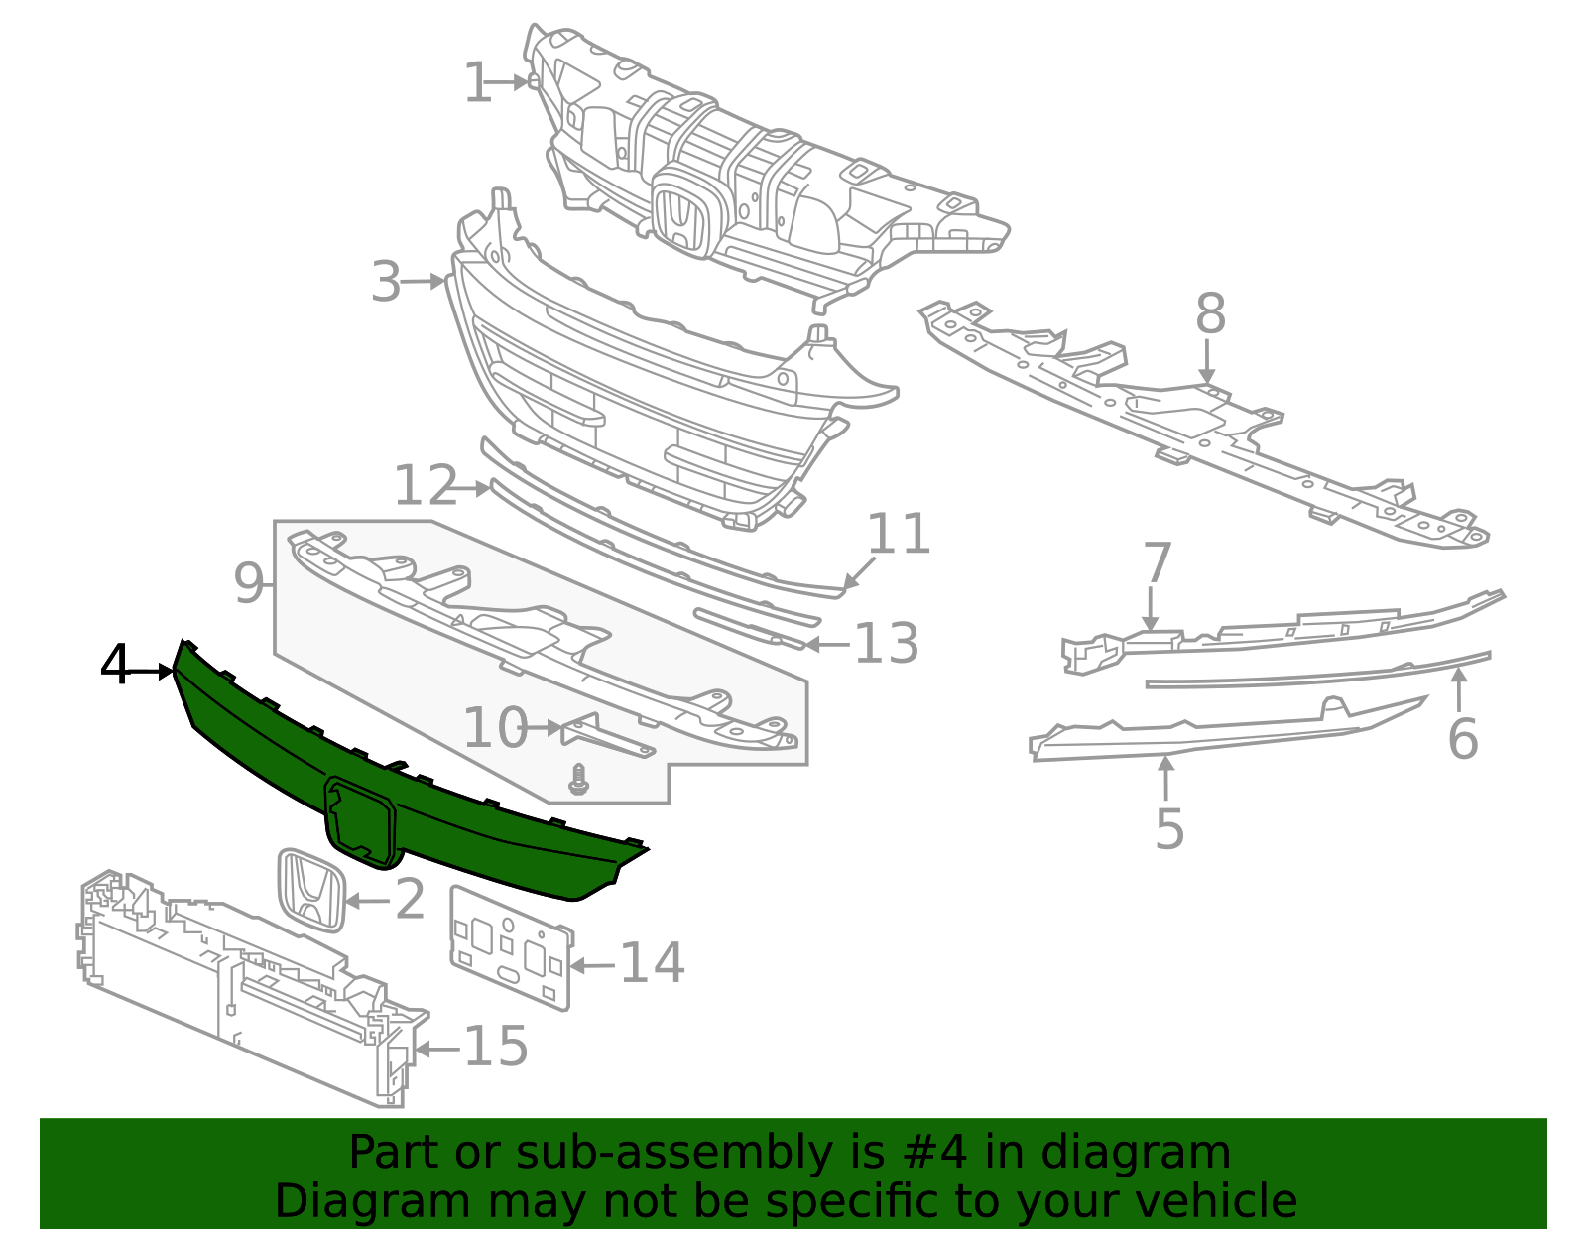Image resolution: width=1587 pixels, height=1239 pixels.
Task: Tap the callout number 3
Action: pyautogui.click(x=386, y=283)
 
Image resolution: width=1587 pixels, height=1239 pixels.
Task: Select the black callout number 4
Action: pyautogui.click(x=115, y=666)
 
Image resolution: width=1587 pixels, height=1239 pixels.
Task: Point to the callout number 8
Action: pyautogui.click(x=1210, y=314)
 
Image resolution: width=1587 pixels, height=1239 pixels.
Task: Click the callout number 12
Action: pyautogui.click(x=426, y=487)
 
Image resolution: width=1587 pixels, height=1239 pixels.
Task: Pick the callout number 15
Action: pyautogui.click(x=496, y=1047)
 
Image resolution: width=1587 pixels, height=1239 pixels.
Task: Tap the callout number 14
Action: pyautogui.click(x=652, y=963)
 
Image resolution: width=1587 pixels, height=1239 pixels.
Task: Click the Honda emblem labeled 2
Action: pyautogui.click(x=310, y=890)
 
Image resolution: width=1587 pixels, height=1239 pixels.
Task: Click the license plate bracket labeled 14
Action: pyautogui.click(x=511, y=947)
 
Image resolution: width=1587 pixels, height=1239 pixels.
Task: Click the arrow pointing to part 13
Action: pyautogui.click(x=828, y=645)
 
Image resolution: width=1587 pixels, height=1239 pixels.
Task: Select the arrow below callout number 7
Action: pyautogui.click(x=1151, y=607)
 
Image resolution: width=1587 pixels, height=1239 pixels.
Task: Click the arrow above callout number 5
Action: pyautogui.click(x=1166, y=778)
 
